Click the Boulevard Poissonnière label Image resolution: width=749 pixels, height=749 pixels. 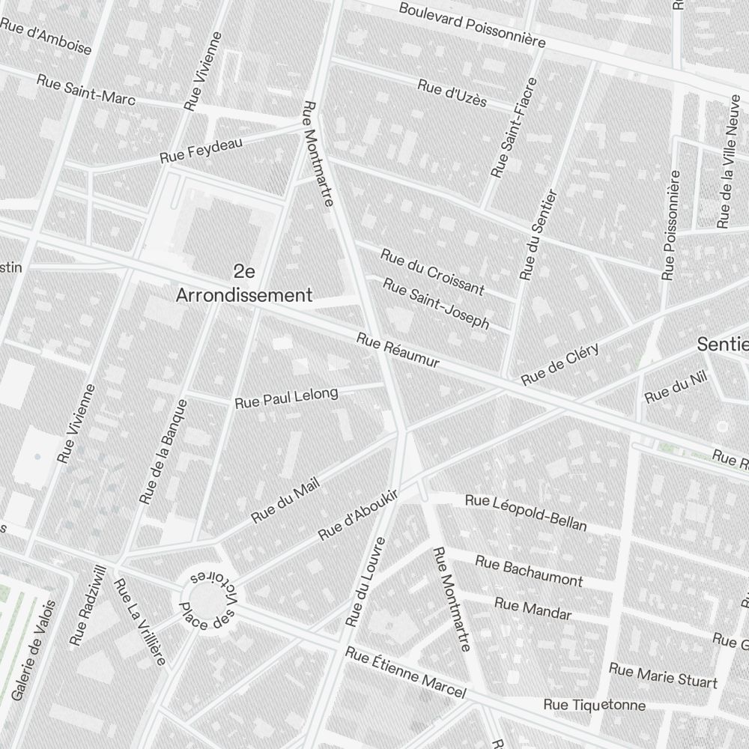pos(472,25)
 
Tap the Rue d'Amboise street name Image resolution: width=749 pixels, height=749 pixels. pos(46,37)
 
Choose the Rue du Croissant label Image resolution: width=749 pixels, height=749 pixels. pos(432,271)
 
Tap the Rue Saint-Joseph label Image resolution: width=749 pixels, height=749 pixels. pos(437,303)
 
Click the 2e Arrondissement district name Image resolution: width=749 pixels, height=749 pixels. pos(243,282)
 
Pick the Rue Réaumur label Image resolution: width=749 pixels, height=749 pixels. pos(398,351)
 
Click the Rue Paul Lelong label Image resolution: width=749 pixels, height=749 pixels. pos(286,398)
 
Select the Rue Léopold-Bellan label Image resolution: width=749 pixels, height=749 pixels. pos(526,512)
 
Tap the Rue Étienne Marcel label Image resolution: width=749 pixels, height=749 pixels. pos(406,673)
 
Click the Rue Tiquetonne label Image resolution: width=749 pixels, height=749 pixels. pos(594,705)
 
